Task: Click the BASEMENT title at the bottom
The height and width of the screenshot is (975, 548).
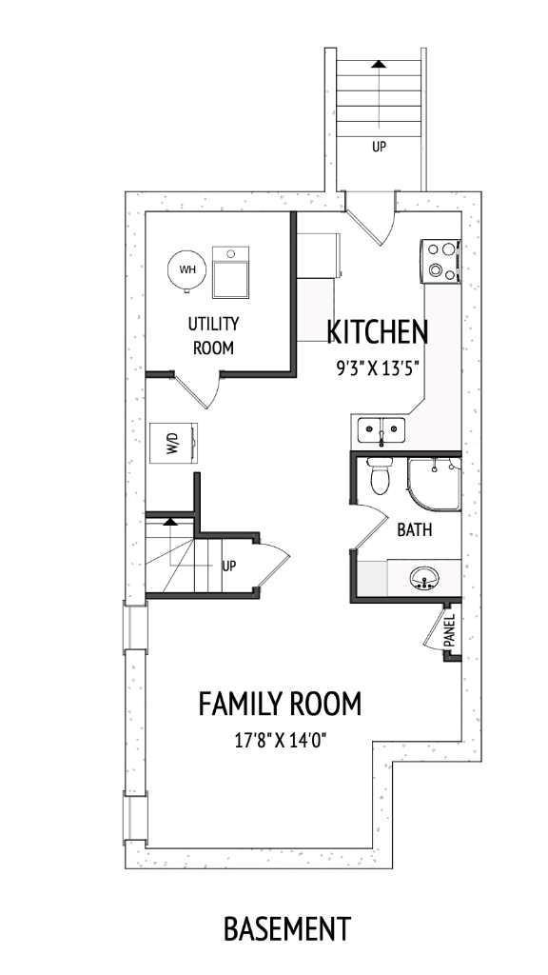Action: (x=286, y=927)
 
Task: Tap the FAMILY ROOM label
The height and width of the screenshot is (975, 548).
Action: (x=280, y=705)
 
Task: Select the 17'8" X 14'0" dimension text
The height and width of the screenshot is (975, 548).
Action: (x=280, y=740)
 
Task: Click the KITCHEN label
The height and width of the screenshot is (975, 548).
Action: (x=377, y=332)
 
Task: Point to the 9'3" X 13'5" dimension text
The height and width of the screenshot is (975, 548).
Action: (x=377, y=369)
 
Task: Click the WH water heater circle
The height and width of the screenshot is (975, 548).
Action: (x=186, y=269)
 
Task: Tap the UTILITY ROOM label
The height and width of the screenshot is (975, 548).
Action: (x=213, y=336)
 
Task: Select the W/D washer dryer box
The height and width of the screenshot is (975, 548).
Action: (x=176, y=444)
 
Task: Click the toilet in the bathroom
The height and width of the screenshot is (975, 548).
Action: (x=380, y=477)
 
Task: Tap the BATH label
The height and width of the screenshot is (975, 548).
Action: (x=415, y=529)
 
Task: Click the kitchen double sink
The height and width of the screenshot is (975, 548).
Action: (x=381, y=432)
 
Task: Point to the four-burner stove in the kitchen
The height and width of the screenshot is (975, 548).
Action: (x=440, y=261)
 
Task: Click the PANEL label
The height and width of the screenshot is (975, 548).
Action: (x=449, y=630)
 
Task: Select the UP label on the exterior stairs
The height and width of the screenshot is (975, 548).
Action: (x=379, y=147)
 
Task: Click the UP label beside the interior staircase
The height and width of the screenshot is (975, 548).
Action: (x=228, y=566)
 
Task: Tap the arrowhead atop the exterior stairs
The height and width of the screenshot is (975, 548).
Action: (x=379, y=64)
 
